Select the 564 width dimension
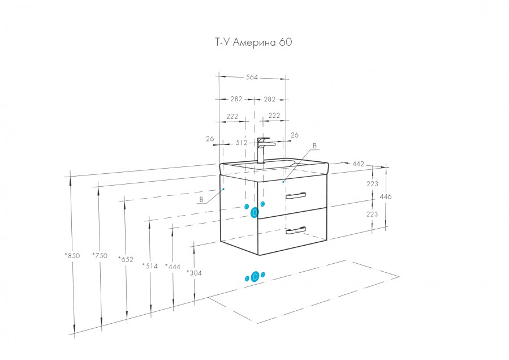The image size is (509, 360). click(x=252, y=78)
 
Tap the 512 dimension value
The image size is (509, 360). click(x=241, y=143)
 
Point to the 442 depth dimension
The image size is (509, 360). click(x=358, y=164)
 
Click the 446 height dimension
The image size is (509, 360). click(x=386, y=196)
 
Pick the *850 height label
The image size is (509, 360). click(x=73, y=255)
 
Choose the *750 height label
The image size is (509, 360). click(x=100, y=255)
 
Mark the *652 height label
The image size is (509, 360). click(x=126, y=259)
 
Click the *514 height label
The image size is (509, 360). click(x=150, y=266)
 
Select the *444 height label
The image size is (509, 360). click(x=172, y=266)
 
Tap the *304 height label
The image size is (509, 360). click(x=194, y=273)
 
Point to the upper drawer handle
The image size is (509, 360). click(x=295, y=195)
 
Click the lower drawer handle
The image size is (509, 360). click(x=295, y=230)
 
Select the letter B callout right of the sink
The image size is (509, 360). click(x=315, y=145)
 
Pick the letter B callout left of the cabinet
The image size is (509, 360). click(x=201, y=199)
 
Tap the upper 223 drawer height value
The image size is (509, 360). click(x=372, y=183)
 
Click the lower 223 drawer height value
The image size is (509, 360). click(x=372, y=214)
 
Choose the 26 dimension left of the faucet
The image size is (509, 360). click(x=210, y=139)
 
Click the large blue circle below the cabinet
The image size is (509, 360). click(x=255, y=276)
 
